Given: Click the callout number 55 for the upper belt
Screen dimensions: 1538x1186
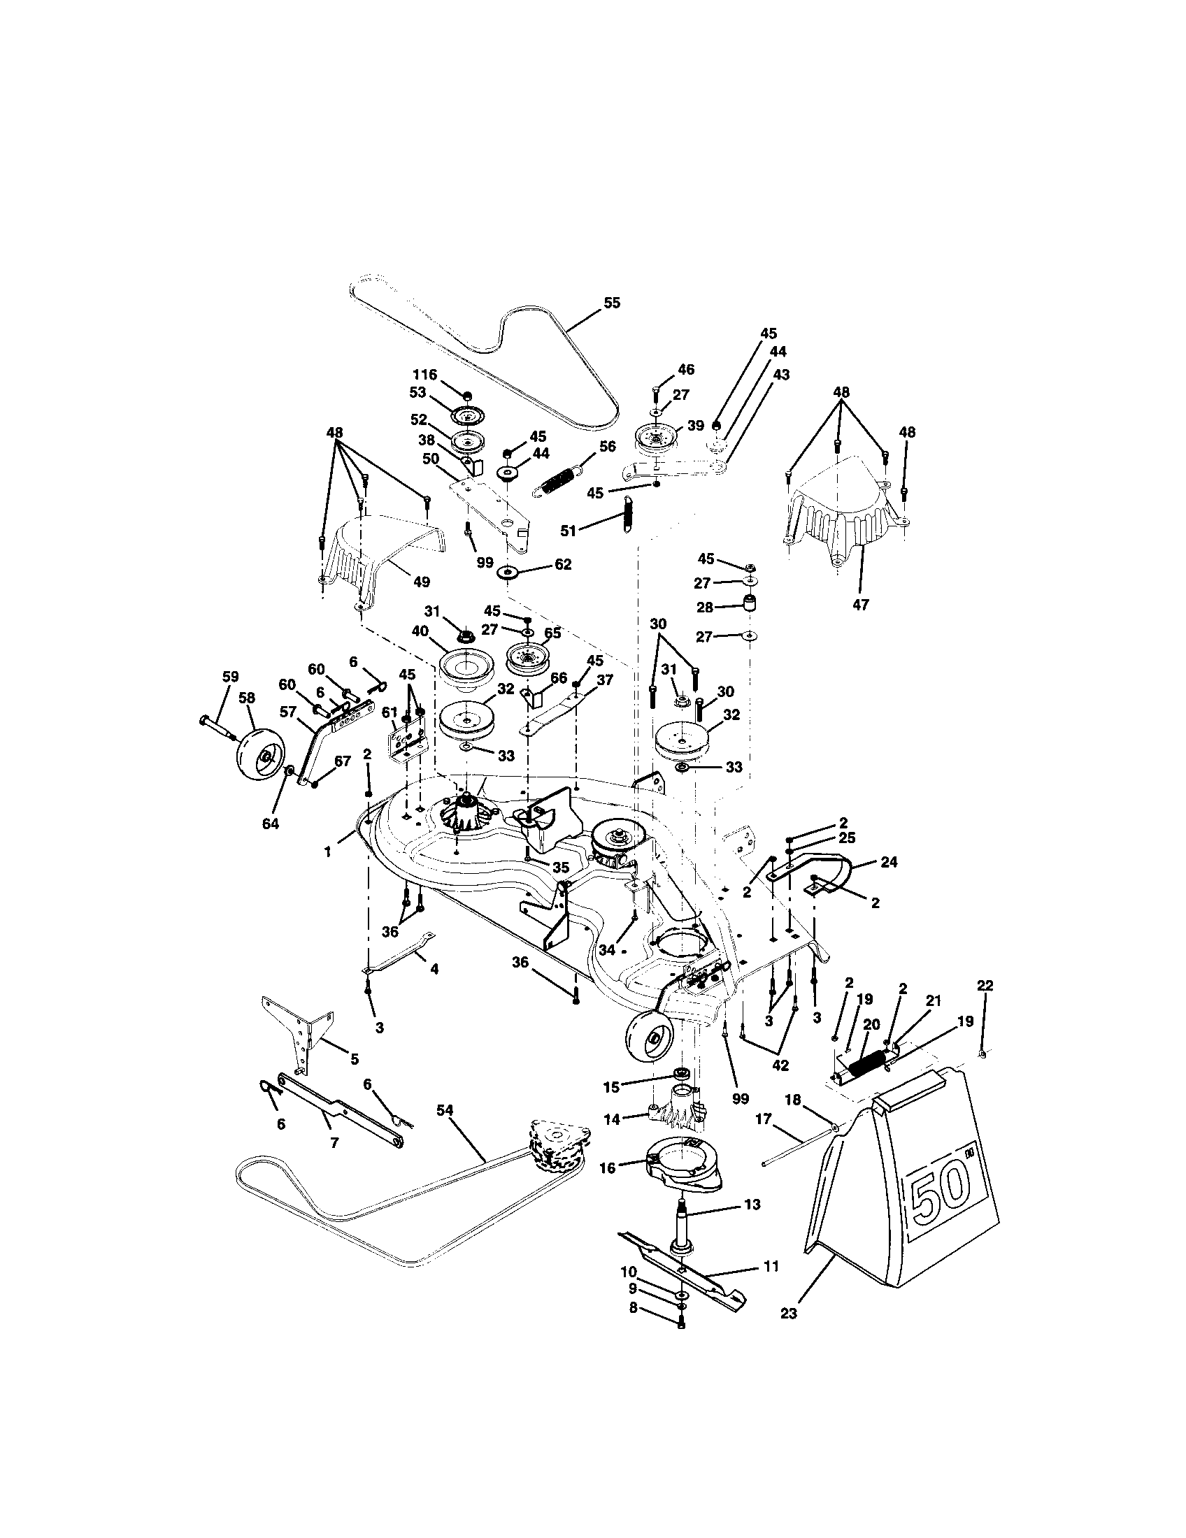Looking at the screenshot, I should click(x=612, y=303).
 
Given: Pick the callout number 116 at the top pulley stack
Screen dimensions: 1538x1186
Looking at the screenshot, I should click(x=424, y=375).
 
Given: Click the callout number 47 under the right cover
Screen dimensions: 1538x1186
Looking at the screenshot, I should click(x=861, y=603).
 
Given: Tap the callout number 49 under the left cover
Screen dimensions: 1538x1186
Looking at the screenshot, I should click(x=421, y=582).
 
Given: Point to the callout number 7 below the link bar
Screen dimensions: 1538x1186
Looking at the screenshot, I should click(x=334, y=1143).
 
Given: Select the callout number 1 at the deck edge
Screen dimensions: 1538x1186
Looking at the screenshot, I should click(x=327, y=851).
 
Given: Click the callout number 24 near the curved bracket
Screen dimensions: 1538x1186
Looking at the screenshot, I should click(x=889, y=861).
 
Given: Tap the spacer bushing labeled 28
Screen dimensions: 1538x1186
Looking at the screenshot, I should click(x=752, y=604).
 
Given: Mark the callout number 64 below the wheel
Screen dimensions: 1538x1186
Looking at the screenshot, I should click(x=271, y=824).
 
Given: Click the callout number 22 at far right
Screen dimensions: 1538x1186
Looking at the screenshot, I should click(x=985, y=986).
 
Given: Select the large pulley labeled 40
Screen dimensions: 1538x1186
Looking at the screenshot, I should click(x=464, y=666).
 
